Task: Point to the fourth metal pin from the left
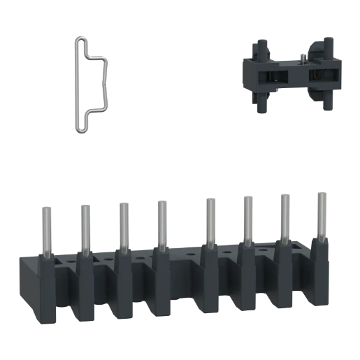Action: click(x=161, y=224)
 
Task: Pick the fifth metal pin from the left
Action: click(x=207, y=222)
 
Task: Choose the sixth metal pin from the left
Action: click(x=247, y=221)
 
